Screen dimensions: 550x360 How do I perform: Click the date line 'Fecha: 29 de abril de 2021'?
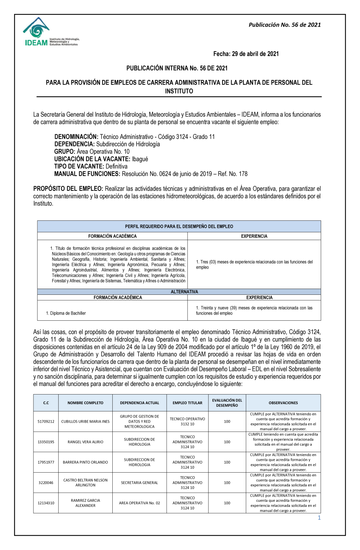[x=246, y=54]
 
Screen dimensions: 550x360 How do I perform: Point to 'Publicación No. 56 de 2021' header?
[x=284, y=25]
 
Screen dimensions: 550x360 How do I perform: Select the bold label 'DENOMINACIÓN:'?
[x=76, y=137]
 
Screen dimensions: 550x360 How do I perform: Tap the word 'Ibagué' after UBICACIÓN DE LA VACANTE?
[x=140, y=159]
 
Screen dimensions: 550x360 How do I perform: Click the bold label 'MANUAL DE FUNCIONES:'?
[x=87, y=174]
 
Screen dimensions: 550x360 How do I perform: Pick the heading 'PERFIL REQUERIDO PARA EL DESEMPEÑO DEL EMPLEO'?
[x=179, y=226]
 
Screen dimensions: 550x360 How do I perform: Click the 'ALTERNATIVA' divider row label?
[x=184, y=292]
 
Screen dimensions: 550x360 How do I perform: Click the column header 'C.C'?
[x=46, y=403]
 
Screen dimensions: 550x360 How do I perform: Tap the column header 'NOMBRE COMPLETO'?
[x=85, y=403]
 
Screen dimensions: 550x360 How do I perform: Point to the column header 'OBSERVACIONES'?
[x=283, y=403]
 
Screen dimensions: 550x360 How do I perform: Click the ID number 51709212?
[x=46, y=421]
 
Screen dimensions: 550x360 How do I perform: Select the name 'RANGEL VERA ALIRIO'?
[x=85, y=442]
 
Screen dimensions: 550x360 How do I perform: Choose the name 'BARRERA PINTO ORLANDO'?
[x=85, y=462]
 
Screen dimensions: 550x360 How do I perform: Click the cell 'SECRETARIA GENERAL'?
[x=139, y=483]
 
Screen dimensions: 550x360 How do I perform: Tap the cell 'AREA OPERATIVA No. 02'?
[x=139, y=503]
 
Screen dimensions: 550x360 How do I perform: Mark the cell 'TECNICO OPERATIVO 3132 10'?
[x=187, y=421]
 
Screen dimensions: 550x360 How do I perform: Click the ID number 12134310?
[x=46, y=503]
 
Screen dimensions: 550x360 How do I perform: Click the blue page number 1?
[x=319, y=518]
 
